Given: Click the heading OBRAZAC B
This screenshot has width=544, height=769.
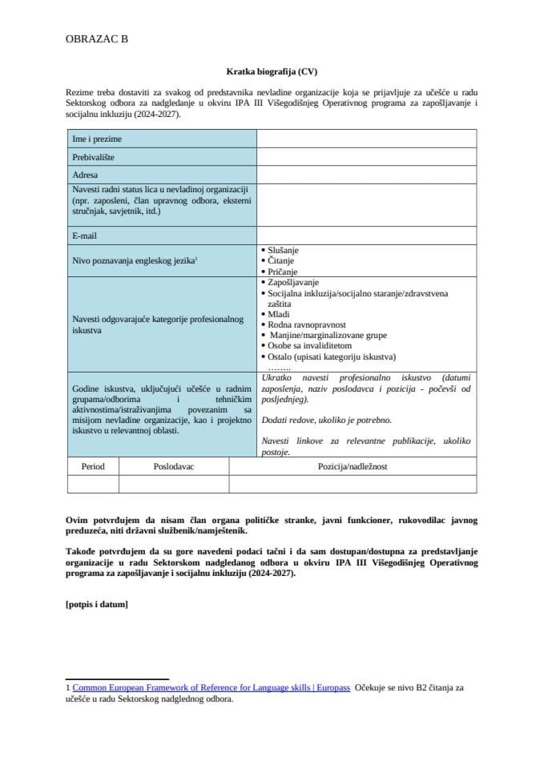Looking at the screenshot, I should click(95, 38).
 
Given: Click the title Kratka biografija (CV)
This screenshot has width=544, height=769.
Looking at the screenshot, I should click(272, 70).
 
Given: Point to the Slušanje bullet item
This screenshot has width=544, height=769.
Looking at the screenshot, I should click(280, 251).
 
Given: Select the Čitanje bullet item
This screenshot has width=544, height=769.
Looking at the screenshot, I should click(279, 261).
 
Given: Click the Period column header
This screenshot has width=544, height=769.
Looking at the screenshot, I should click(93, 466).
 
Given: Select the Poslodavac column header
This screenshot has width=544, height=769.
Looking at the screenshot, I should click(174, 466).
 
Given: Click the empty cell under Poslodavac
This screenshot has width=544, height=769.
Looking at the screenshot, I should click(174, 484).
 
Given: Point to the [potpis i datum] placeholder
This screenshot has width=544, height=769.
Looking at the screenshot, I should click(96, 604).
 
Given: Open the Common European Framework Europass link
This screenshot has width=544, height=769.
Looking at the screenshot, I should click(211, 688).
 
